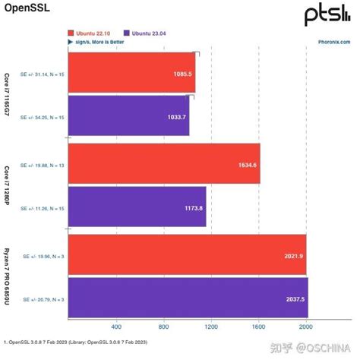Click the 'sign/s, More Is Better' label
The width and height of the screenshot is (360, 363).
(x=100, y=43)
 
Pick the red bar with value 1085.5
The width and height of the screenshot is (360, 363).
(x=132, y=73)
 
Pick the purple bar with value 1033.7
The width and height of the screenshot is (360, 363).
(x=129, y=115)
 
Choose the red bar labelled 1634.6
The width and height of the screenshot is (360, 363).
(x=164, y=163)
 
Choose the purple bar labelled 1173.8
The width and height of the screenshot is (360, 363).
(x=137, y=207)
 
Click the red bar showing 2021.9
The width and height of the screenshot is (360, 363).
(x=187, y=255)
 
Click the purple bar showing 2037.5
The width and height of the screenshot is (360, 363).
(x=188, y=299)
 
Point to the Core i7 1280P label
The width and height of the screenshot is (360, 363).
(x=7, y=184)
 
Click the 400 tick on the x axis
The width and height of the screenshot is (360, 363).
(x=116, y=327)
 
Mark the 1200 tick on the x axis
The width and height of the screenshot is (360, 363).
(x=211, y=327)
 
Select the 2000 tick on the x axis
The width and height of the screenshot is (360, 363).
(x=305, y=327)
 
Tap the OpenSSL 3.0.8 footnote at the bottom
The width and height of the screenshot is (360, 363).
(x=76, y=342)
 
